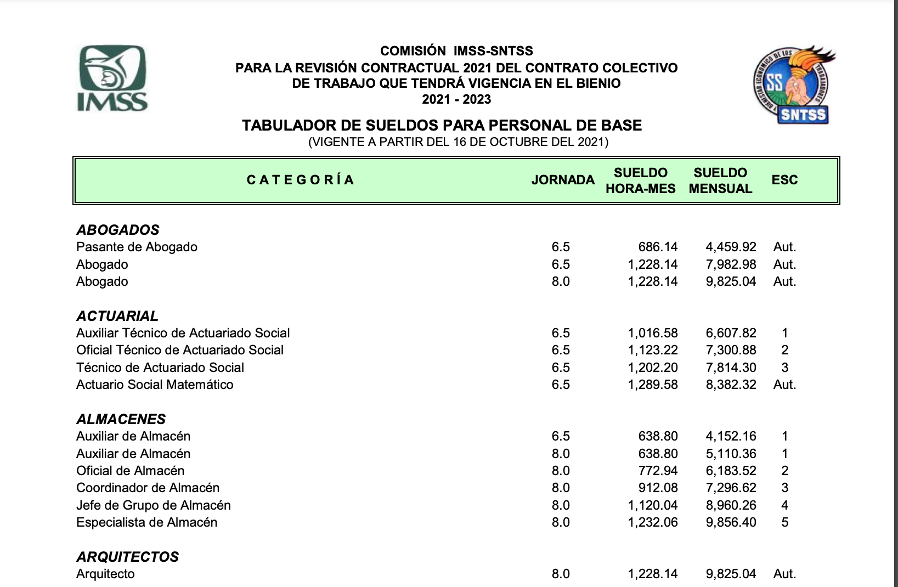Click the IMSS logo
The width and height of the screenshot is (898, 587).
[112, 78]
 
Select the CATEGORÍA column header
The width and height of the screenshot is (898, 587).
[300, 180]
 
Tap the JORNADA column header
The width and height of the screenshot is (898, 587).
[563, 180]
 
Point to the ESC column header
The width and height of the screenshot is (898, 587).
[784, 180]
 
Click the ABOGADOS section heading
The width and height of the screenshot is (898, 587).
[118, 230]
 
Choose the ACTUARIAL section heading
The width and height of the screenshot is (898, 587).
[117, 316]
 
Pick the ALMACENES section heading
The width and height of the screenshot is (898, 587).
[121, 419]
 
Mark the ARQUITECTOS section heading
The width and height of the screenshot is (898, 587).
[127, 557]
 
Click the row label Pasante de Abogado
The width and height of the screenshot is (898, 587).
[137, 247]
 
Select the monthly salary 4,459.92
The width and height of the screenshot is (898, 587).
[731, 247]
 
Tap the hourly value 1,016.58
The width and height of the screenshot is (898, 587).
[653, 333]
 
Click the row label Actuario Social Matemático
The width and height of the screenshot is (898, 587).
[155, 385]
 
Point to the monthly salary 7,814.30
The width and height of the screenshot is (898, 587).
[731, 368]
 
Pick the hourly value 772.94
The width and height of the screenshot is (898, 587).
[658, 471]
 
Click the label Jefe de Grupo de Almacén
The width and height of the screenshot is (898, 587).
[154, 505]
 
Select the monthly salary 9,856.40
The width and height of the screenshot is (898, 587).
[731, 522]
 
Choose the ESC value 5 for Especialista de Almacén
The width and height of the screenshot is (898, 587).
[784, 522]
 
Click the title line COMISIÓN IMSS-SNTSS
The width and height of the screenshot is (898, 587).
[456, 51]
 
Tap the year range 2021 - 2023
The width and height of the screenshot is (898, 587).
[456, 99]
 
